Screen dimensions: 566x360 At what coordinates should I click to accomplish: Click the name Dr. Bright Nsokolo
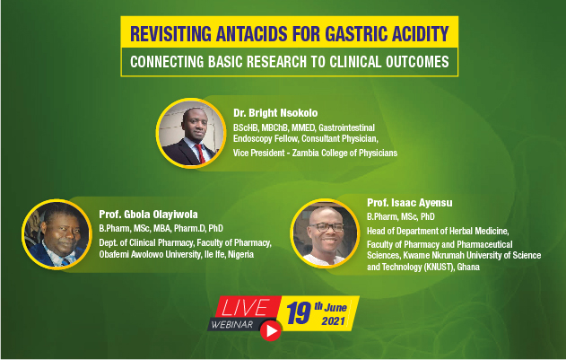tap(275, 113)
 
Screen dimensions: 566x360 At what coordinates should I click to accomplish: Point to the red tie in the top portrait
tap(200, 154)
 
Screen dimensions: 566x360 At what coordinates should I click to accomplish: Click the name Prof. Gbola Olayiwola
tap(148, 215)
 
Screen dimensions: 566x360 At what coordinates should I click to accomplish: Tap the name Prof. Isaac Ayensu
tap(410, 203)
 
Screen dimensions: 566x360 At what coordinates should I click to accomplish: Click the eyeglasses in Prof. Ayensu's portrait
tap(327, 227)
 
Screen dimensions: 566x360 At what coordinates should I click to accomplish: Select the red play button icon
tap(271, 330)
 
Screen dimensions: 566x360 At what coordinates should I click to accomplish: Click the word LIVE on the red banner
tap(246, 308)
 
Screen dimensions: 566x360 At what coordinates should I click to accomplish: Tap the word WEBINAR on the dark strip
tap(232, 324)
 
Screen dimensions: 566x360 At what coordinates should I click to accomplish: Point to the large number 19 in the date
tap(299, 313)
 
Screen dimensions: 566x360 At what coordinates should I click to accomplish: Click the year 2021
tap(334, 321)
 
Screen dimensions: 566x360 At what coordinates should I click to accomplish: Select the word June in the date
tap(335, 308)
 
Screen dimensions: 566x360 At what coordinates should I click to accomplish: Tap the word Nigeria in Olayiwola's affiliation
tap(240, 254)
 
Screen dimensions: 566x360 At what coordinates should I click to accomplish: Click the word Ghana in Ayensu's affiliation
tap(468, 268)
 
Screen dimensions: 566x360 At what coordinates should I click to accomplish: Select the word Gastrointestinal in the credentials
tap(346, 127)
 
